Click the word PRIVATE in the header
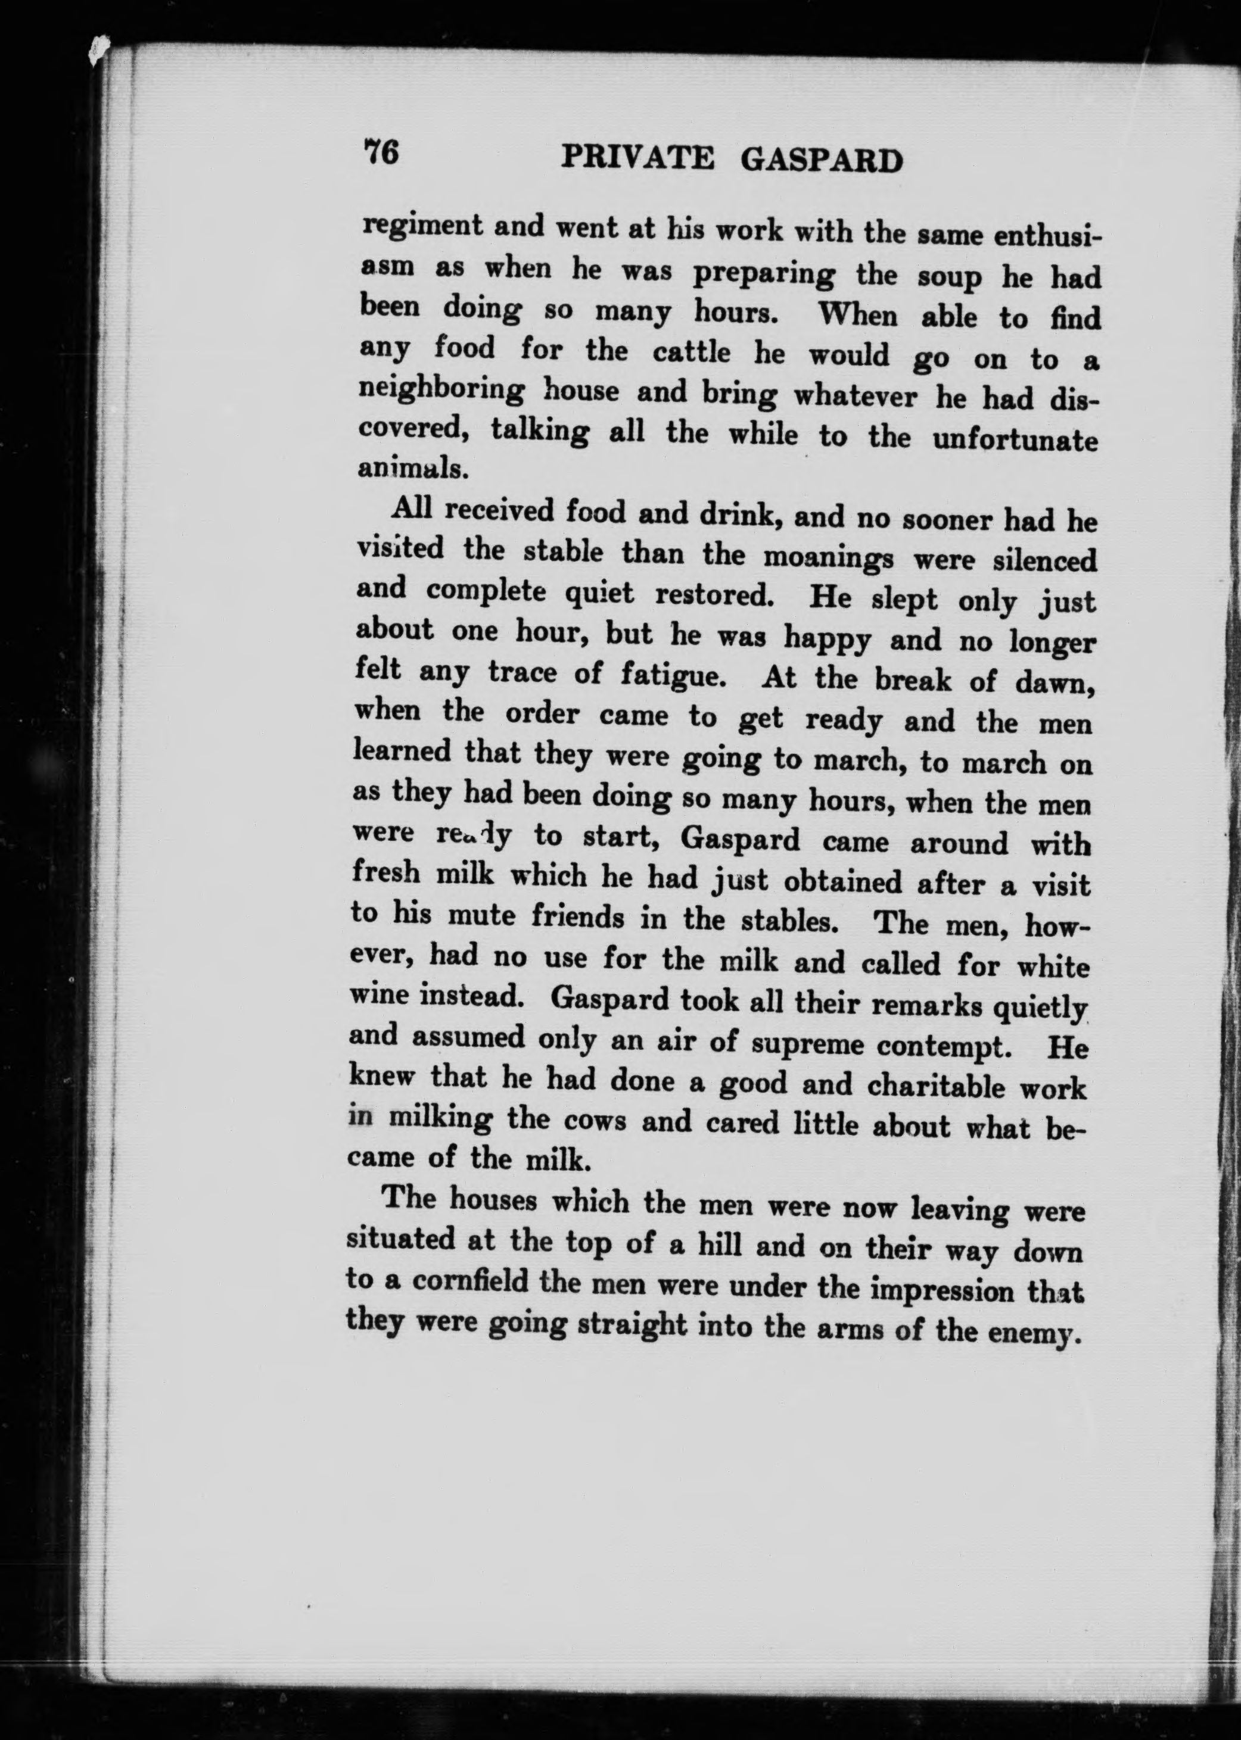click(x=637, y=158)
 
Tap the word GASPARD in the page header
click(x=822, y=160)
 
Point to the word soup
click(x=949, y=276)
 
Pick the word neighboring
click(x=441, y=390)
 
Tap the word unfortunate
click(x=1015, y=441)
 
